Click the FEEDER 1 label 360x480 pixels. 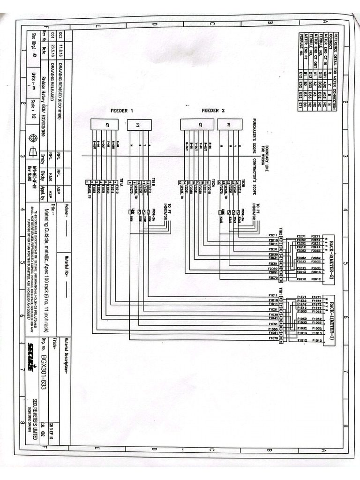tap(122, 111)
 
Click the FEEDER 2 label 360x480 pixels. tap(213, 111)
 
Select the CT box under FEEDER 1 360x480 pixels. tap(104, 124)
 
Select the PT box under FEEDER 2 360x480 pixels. tap(230, 124)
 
